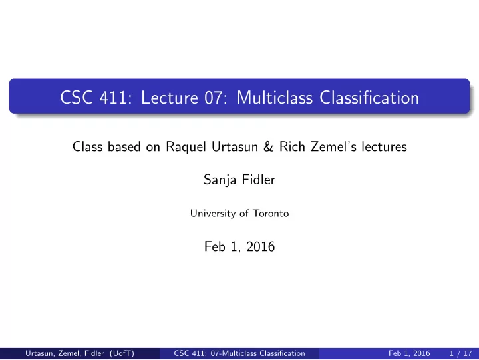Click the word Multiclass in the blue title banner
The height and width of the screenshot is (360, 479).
click(x=275, y=98)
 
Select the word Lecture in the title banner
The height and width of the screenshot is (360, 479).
click(x=170, y=98)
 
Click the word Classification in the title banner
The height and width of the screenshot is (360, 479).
click(x=369, y=98)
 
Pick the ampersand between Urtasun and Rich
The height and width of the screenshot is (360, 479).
click(x=269, y=146)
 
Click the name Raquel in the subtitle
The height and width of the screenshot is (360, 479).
click(x=186, y=147)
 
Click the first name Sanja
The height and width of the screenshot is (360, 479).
click(x=220, y=180)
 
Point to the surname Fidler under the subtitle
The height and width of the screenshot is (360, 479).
click(x=258, y=180)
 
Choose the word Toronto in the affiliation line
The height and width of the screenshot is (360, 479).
click(x=271, y=213)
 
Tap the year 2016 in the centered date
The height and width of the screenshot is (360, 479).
click(x=261, y=246)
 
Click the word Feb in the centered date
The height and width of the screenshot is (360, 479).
click(x=214, y=246)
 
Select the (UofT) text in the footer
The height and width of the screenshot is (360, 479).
click(x=122, y=353)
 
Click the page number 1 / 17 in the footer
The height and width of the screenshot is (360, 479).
click(x=460, y=353)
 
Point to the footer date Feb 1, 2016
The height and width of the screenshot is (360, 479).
click(x=409, y=353)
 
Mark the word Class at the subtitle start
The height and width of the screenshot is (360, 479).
click(x=87, y=146)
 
